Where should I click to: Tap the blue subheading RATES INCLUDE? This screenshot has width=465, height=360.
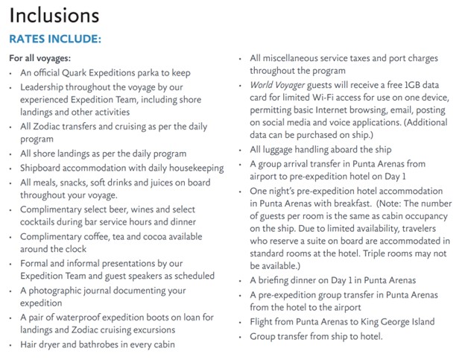pos(54,38)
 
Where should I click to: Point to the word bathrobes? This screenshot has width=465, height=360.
pos(115,345)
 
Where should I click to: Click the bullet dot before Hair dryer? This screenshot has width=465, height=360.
pos(10,345)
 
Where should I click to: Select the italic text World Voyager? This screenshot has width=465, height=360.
pos(279,86)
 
